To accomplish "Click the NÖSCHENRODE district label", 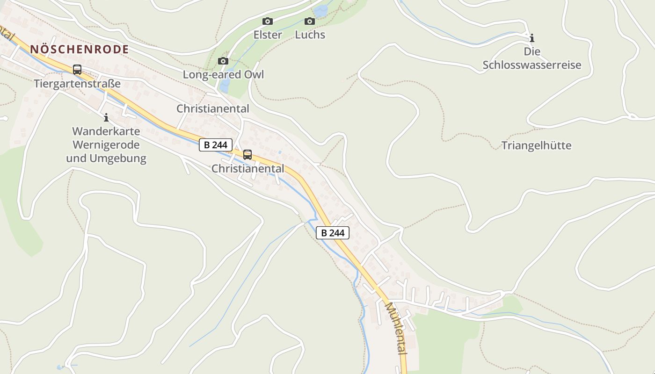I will [x=80, y=49].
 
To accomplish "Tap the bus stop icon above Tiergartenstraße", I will [x=77, y=70].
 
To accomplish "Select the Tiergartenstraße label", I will [x=77, y=84].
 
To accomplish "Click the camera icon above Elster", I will [x=268, y=21].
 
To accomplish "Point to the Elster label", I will [x=268, y=35].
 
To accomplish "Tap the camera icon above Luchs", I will [x=310, y=21].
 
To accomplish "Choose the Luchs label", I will [x=310, y=35].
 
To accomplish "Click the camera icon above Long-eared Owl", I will [x=223, y=61].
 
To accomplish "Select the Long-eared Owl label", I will [x=223, y=75].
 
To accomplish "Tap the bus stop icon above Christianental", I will [x=247, y=154].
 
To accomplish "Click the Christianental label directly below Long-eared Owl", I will [x=213, y=109].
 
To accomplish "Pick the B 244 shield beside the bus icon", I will [x=216, y=145].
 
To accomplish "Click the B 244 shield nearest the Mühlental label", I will [x=333, y=233].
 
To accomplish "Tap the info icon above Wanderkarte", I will [x=106, y=117].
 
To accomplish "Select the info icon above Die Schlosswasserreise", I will [x=531, y=38].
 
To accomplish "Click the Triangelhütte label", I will [x=537, y=145].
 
